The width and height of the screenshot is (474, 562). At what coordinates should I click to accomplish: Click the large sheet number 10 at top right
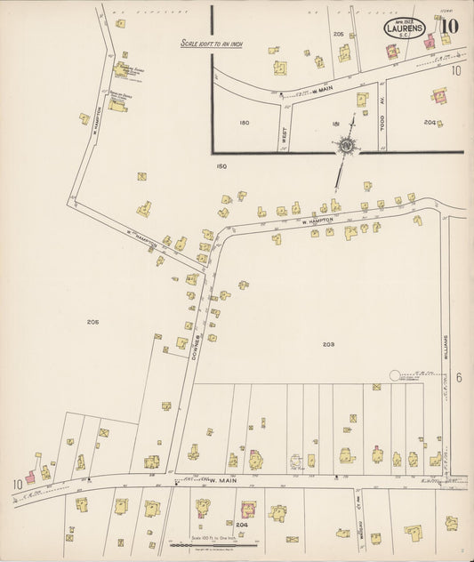click(x=449, y=26)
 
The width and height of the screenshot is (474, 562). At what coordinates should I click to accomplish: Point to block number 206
click(x=92, y=321)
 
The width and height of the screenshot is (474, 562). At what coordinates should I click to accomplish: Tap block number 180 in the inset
click(x=245, y=124)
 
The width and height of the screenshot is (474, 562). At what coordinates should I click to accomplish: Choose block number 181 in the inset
click(x=335, y=124)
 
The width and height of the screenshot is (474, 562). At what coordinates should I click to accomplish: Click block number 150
click(x=221, y=165)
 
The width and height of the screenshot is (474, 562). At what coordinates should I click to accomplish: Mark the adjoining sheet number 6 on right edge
click(x=459, y=377)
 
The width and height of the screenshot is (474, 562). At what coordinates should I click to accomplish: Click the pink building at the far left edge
click(x=30, y=478)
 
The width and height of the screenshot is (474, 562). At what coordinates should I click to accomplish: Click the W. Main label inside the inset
click(x=324, y=90)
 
